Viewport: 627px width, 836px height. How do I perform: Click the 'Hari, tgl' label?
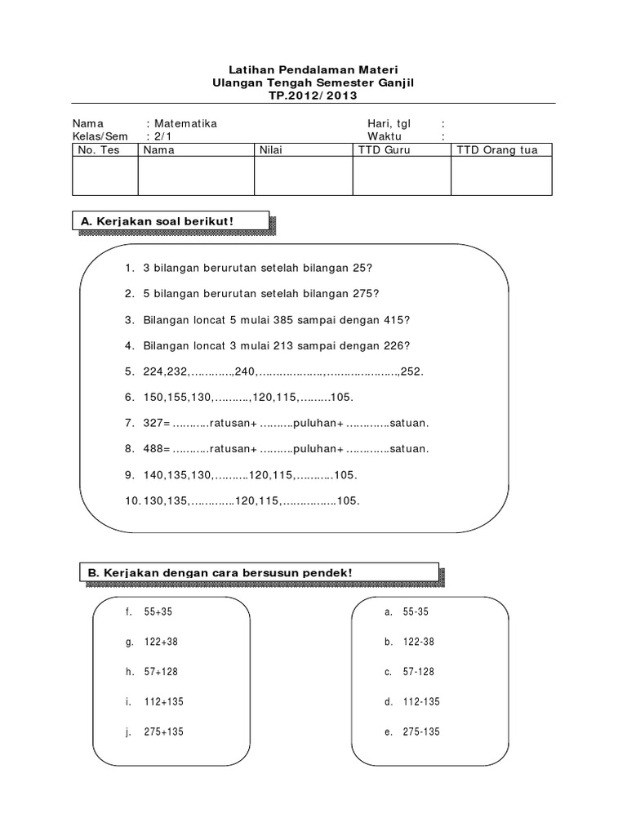[389, 124]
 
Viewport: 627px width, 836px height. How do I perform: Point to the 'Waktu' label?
[385, 137]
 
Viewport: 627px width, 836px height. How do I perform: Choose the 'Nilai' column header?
[270, 150]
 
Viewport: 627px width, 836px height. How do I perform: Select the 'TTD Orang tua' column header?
[497, 150]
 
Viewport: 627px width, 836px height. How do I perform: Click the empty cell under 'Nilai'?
[303, 176]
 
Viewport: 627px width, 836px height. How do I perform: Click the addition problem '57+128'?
[160, 672]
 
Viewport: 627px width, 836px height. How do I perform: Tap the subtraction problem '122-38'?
[418, 643]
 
